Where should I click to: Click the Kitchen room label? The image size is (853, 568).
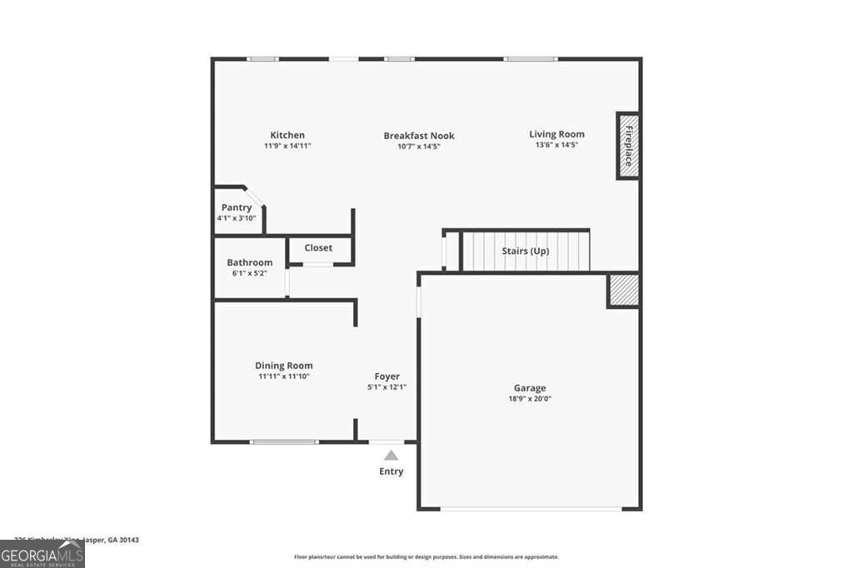point(287,135)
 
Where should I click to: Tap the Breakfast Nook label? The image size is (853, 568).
point(419,136)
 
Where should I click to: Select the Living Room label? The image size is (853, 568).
point(556,134)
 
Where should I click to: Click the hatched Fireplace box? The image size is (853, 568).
point(627,146)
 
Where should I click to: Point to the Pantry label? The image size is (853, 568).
point(237,207)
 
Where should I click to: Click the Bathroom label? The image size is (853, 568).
point(250,262)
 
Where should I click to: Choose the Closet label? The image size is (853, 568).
point(318,247)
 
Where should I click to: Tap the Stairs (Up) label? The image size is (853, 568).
point(525,250)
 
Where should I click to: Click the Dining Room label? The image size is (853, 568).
point(284,366)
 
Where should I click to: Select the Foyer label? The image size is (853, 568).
point(387,376)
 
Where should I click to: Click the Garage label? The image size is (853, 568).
point(530,388)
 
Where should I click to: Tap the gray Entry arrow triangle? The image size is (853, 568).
point(391,455)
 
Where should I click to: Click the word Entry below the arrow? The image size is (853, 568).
point(392,471)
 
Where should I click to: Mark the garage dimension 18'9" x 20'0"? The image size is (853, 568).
point(530,399)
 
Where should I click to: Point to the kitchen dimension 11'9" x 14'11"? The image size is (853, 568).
point(287,146)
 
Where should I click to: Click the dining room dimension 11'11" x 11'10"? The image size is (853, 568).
point(284,376)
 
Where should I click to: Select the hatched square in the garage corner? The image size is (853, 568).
point(623,290)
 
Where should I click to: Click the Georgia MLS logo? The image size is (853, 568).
point(42,555)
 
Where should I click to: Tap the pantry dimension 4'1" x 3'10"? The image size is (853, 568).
point(237,218)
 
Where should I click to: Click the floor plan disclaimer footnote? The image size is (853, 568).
point(426,557)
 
